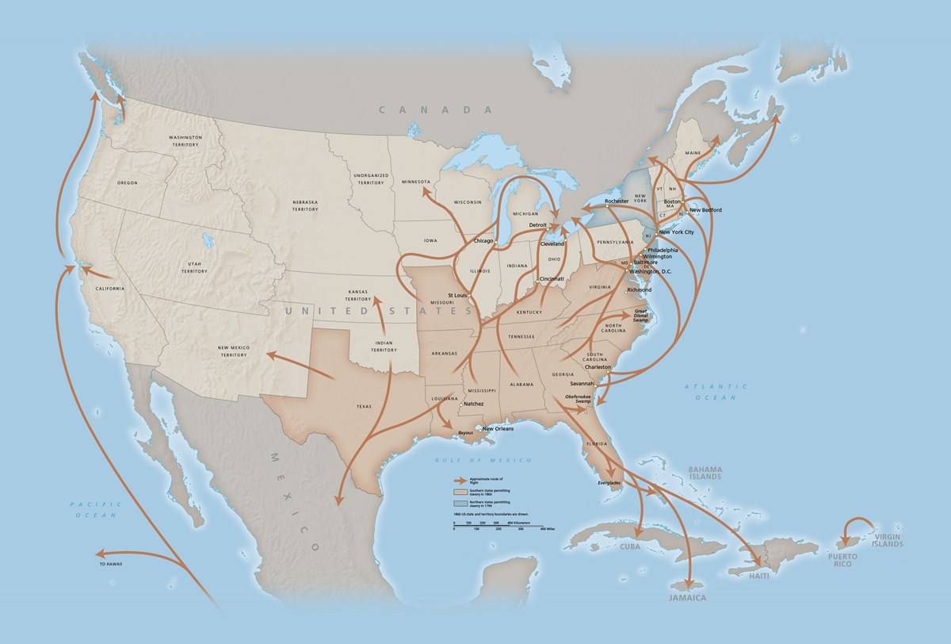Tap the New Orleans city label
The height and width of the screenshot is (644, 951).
click(x=498, y=428)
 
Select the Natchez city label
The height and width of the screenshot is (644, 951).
click(x=474, y=404)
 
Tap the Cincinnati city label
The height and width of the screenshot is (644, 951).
click(x=553, y=279)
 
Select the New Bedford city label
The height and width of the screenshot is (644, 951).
click(x=705, y=210)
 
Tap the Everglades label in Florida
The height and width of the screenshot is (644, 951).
click(x=609, y=483)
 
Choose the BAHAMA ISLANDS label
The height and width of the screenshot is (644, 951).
click(x=705, y=473)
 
